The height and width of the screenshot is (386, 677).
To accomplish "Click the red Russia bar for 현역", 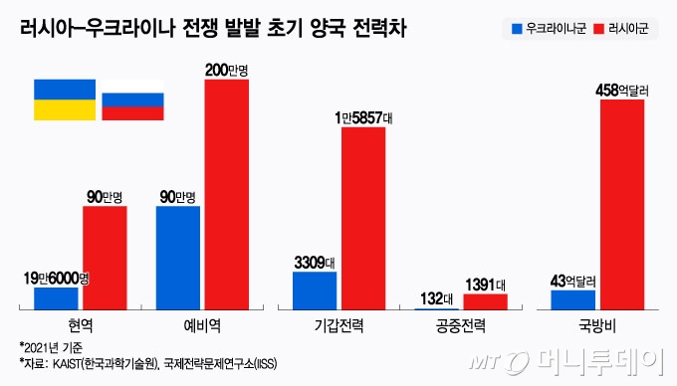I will pyautogui.click(x=105, y=257).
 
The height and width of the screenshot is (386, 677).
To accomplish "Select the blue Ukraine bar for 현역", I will pyautogui.click(x=56, y=296).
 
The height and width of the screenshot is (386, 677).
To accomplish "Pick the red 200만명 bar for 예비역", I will pyautogui.click(x=227, y=193).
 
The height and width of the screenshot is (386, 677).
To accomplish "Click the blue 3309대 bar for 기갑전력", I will pyautogui.click(x=315, y=289).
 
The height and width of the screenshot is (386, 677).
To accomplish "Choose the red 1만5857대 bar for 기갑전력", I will pyautogui.click(x=363, y=217).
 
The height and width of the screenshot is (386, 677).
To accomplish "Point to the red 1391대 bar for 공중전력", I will pyautogui.click(x=486, y=299).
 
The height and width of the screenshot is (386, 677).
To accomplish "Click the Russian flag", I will pyautogui.click(x=132, y=100).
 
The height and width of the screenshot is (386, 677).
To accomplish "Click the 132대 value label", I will pyautogui.click(x=435, y=297).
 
